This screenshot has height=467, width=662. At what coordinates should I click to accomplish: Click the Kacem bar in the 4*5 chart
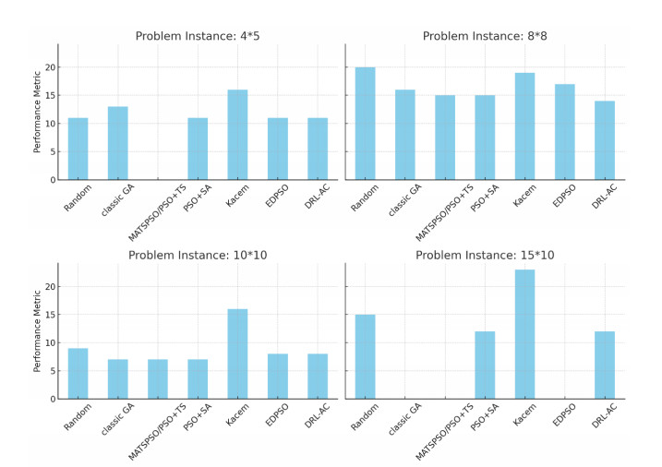click(x=237, y=135)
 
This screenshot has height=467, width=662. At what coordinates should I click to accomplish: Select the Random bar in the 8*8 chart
click(x=365, y=124)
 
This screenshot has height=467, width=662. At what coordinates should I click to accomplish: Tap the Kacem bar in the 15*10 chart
click(x=524, y=334)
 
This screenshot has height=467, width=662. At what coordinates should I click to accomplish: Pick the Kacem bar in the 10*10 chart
click(x=237, y=353)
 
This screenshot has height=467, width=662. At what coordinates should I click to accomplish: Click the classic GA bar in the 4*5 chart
click(x=117, y=143)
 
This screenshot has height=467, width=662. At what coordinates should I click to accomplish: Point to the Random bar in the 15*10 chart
click(x=365, y=356)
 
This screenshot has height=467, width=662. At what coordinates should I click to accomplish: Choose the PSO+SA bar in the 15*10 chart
click(x=485, y=365)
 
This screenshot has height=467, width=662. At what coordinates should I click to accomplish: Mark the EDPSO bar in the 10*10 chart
click(x=278, y=376)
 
